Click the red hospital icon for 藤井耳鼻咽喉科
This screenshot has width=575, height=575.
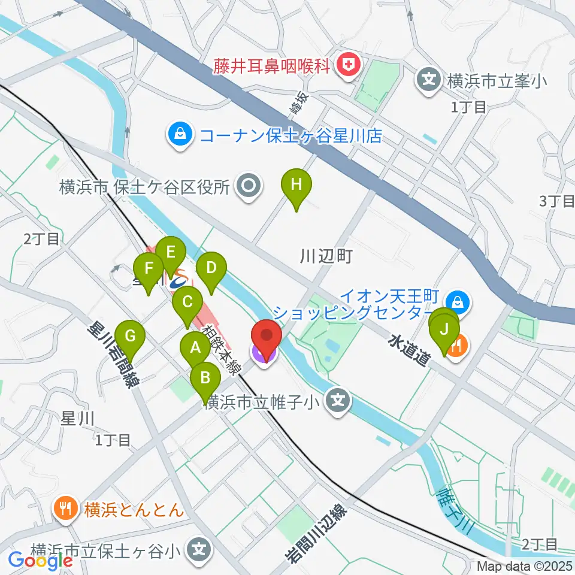[346, 64]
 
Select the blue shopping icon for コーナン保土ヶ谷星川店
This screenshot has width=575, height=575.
[180, 135]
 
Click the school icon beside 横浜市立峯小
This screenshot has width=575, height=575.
[429, 79]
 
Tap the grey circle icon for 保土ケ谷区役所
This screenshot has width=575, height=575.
[248, 186]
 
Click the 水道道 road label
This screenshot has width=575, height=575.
[409, 351]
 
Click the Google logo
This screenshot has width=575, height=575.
[40, 561]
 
